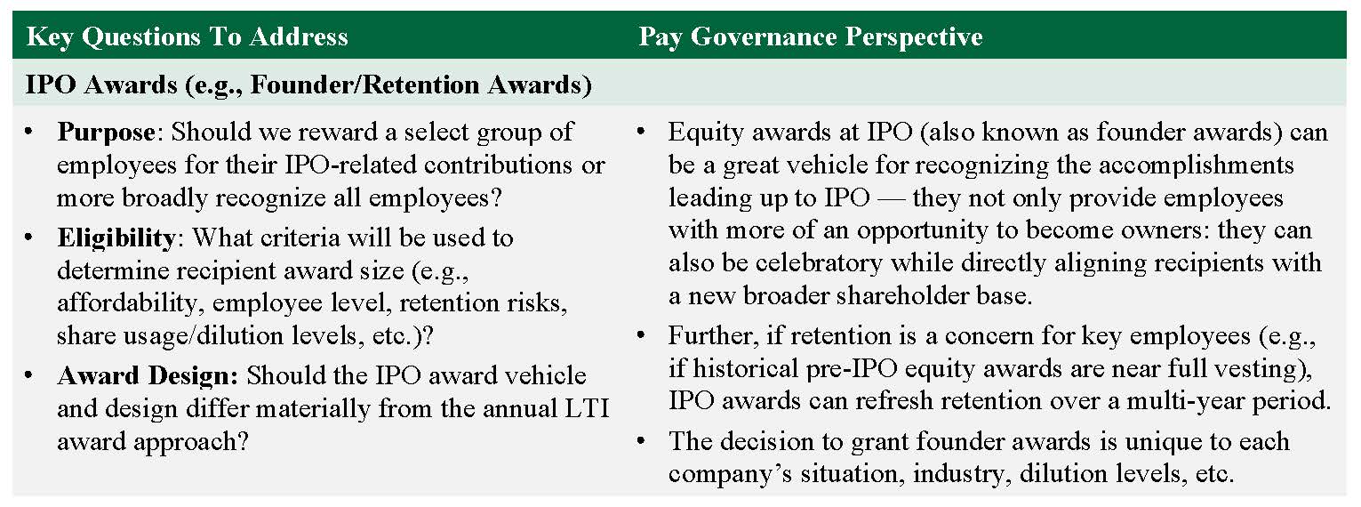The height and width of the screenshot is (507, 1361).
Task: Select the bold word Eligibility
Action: tap(116, 238)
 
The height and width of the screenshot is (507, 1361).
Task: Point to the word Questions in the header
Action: tap(141, 37)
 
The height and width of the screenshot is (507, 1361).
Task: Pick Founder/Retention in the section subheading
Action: tap(365, 84)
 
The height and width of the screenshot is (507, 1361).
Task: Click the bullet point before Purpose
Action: tap(28, 132)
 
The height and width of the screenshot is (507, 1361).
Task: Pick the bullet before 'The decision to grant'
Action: tap(640, 441)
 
